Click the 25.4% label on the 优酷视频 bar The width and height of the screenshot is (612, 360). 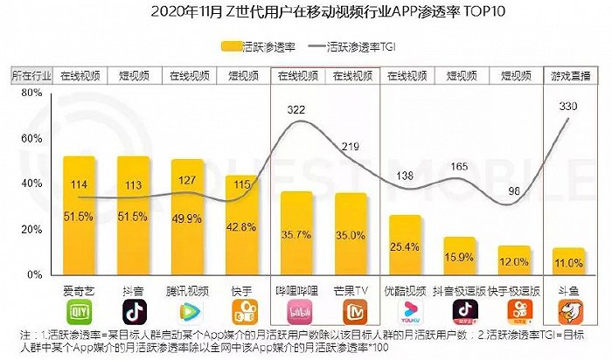pos(406,247)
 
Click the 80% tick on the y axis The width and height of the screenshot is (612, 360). pos(30,93)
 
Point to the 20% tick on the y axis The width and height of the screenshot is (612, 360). pos(30,229)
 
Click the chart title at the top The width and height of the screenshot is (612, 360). pos(305,11)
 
